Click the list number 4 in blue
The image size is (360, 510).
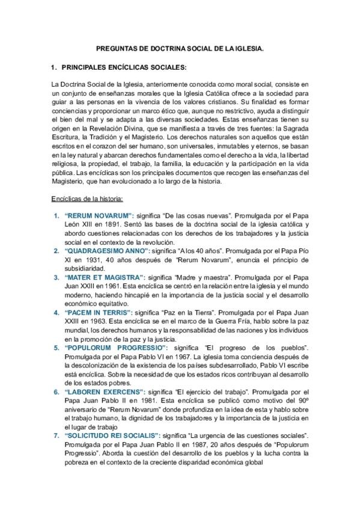(x=56, y=313)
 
